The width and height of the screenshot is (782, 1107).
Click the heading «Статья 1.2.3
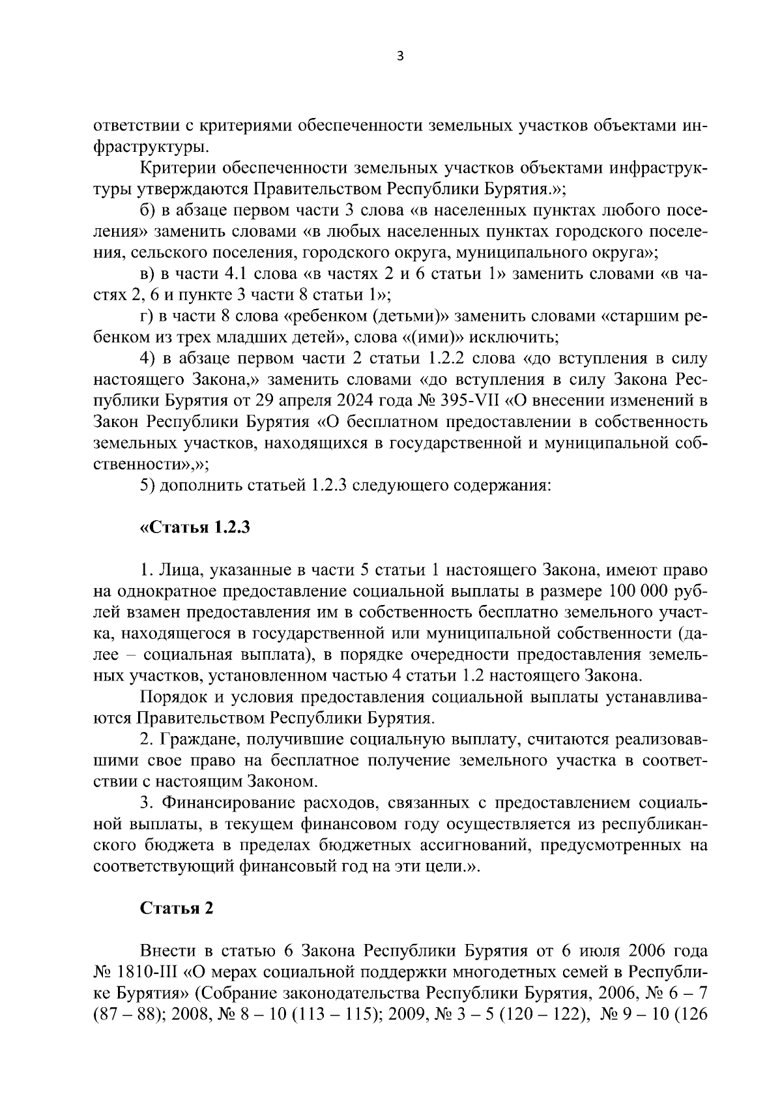click(x=195, y=527)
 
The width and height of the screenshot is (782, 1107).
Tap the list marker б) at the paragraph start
click(x=148, y=210)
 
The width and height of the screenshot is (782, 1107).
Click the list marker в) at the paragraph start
click(x=148, y=274)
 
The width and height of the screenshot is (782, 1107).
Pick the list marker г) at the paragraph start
click(x=147, y=316)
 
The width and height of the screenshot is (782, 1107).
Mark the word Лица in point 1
click(x=173, y=570)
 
